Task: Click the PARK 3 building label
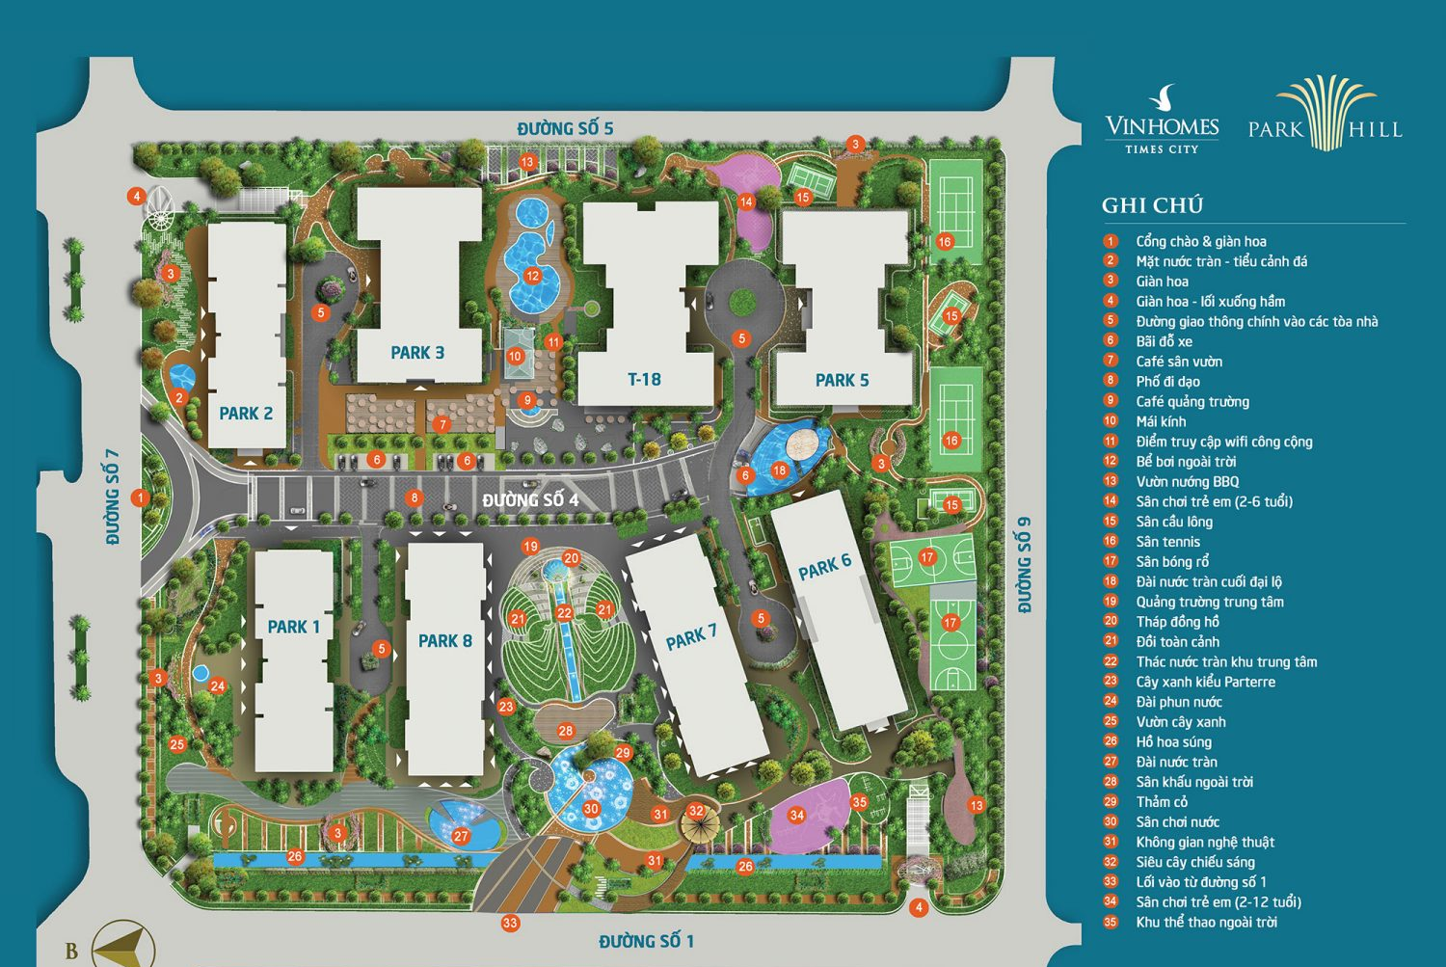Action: click(417, 353)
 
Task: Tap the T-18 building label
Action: click(644, 380)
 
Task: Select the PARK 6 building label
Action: click(824, 568)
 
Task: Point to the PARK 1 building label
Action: click(293, 627)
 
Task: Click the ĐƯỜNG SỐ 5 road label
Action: click(565, 129)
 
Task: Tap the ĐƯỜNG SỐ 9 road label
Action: click(1024, 565)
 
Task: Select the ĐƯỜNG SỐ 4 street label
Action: click(530, 499)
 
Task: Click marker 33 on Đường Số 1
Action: click(510, 923)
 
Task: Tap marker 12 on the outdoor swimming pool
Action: click(532, 276)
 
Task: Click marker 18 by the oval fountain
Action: click(779, 470)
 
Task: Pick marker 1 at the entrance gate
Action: click(141, 498)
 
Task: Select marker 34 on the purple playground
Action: click(796, 815)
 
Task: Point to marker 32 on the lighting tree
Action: click(696, 812)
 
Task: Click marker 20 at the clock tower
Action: click(571, 558)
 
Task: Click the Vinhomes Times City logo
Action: click(1162, 121)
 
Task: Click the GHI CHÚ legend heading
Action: click(1152, 204)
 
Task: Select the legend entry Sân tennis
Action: click(1167, 542)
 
